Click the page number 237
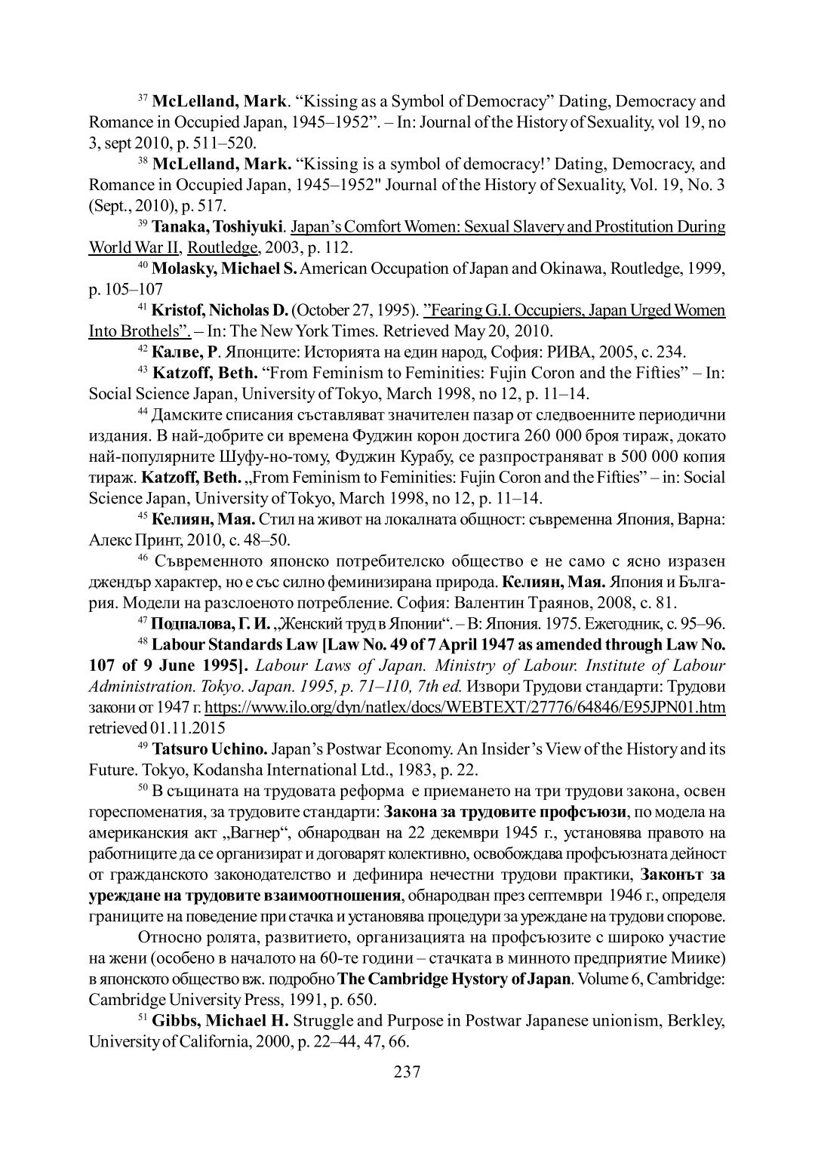(407, 1072)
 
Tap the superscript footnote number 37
(143, 98)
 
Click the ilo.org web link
(465, 707)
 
